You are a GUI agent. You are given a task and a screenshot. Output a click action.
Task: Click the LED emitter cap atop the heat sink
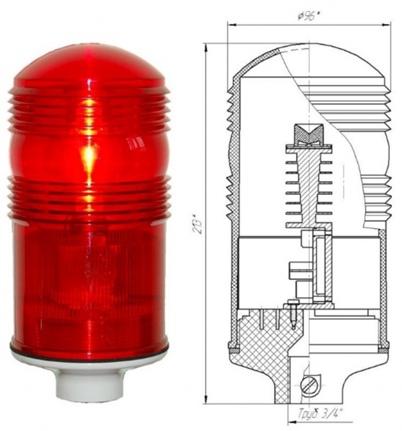[308, 134]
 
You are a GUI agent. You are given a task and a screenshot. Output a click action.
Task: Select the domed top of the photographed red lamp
[89, 63]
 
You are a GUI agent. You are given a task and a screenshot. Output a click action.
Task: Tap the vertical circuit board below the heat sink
[319, 264]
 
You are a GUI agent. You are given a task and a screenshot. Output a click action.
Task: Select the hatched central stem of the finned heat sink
[308, 184]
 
